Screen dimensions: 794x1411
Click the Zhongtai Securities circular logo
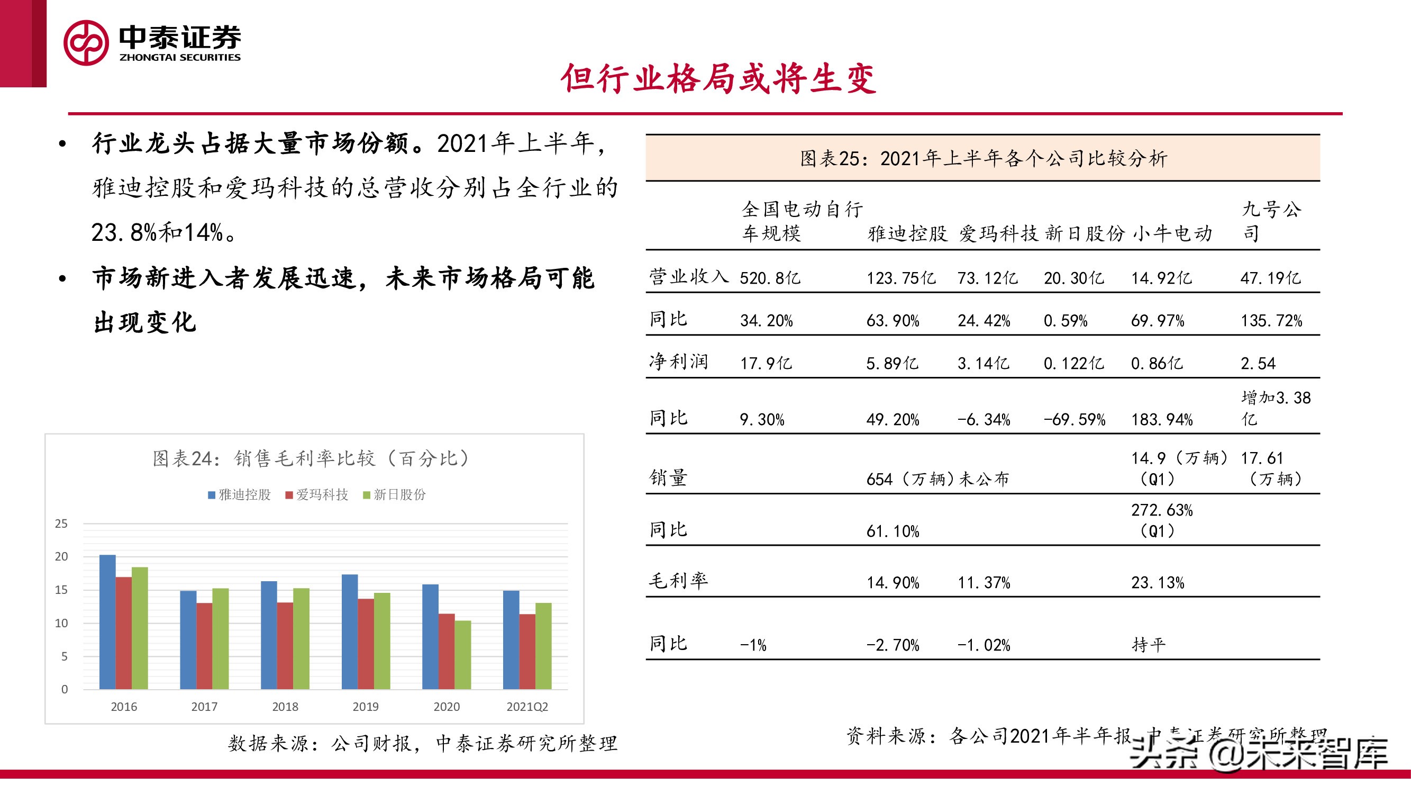point(86,43)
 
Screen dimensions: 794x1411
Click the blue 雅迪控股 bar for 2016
point(107,622)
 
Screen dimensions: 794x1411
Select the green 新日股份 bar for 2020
point(463,655)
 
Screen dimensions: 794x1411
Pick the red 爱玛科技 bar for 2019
point(366,644)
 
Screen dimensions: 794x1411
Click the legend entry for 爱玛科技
point(317,495)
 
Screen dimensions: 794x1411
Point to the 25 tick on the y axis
point(61,524)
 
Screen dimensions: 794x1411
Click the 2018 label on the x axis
point(285,707)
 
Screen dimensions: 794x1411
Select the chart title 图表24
point(311,458)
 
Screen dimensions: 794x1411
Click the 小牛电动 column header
point(1172,234)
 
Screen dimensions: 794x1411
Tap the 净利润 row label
point(678,362)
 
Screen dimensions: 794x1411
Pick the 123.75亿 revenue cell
point(901,278)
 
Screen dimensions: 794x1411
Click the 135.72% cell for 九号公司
point(1271,321)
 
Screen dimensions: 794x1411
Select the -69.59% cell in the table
point(1074,420)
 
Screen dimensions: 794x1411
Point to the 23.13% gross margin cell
point(1158,582)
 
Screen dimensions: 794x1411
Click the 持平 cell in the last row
point(1149,645)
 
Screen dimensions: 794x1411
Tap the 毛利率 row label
point(678,581)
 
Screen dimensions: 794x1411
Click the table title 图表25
point(983,159)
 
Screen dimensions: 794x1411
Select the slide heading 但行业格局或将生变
point(718,78)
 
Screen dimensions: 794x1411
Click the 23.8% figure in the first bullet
point(124,233)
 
